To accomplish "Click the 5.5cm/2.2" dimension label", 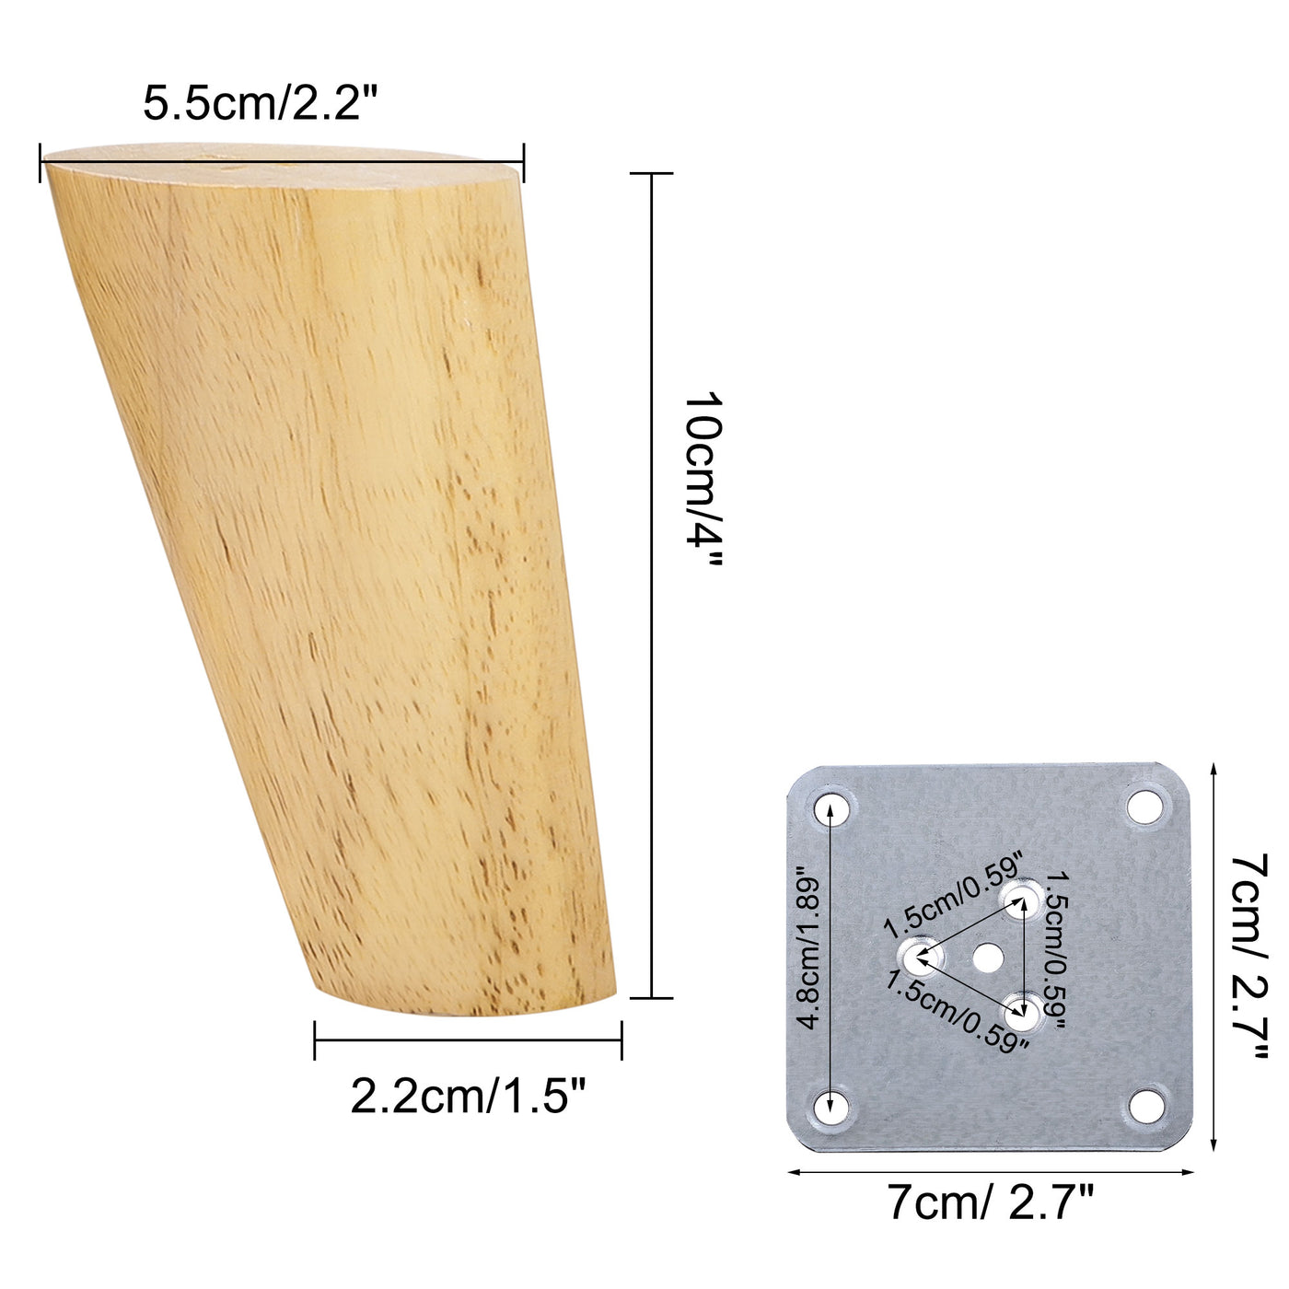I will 261,103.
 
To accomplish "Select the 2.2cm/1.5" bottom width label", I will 469,1096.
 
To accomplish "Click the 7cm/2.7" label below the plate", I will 991,1202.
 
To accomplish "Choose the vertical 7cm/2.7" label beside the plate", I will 1250,955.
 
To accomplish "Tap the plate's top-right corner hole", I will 1145,807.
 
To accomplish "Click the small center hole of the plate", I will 988,958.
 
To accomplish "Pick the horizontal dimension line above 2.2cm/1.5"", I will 468,1040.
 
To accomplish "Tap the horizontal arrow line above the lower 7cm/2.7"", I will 991,1172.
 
